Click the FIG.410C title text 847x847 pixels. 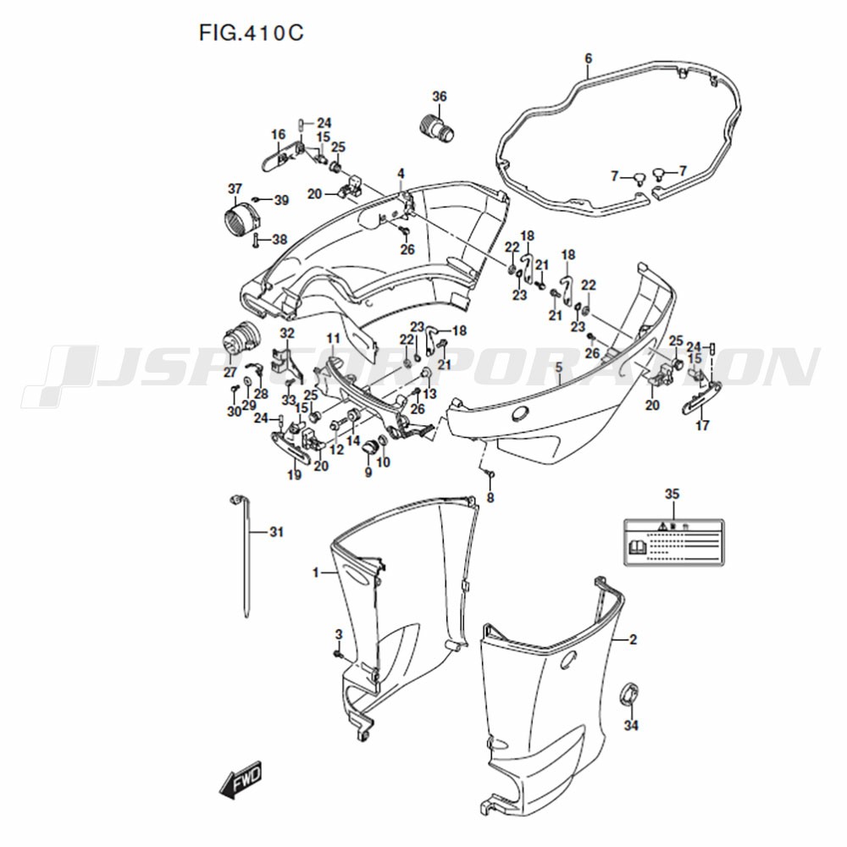[x=252, y=33]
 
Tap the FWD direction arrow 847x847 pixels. [x=241, y=779]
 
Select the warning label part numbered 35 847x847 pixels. [x=673, y=542]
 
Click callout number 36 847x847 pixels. [x=440, y=97]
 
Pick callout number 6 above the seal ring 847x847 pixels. [x=589, y=58]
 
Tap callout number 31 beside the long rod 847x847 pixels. [x=276, y=532]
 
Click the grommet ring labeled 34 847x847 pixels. [x=628, y=694]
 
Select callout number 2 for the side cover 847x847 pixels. [x=633, y=639]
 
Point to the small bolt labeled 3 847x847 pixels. [x=338, y=655]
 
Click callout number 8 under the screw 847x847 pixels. [x=490, y=497]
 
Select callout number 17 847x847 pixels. [x=702, y=426]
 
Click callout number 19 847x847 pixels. [x=295, y=475]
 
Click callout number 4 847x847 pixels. [x=401, y=174]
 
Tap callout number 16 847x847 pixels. [x=278, y=135]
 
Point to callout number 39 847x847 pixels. [x=281, y=201]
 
